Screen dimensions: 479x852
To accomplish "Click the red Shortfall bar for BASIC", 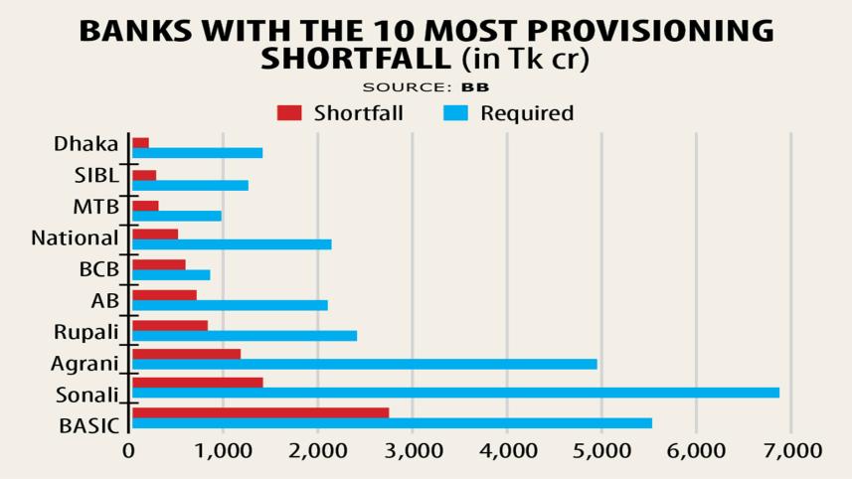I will [x=260, y=412].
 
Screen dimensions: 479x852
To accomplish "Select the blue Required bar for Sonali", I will [x=455, y=393].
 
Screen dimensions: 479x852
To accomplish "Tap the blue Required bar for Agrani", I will [x=364, y=364].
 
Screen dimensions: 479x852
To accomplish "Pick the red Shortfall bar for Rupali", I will [x=170, y=325].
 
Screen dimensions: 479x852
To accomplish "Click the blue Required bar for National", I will [x=232, y=244].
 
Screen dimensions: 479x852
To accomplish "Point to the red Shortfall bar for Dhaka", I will [x=140, y=143].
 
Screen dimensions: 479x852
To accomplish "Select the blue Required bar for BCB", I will [x=171, y=275].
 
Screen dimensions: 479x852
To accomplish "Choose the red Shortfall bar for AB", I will [x=164, y=295].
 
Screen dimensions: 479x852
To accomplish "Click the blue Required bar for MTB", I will [x=177, y=216].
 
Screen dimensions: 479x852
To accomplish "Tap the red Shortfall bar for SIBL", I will [x=144, y=175].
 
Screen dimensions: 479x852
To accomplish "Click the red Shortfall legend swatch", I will [x=289, y=113].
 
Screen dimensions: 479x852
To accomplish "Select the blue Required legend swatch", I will [x=455, y=113].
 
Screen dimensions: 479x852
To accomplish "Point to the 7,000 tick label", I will [x=791, y=450].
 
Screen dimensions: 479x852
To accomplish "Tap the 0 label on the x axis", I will [x=128, y=450].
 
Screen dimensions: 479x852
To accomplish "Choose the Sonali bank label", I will [x=85, y=395].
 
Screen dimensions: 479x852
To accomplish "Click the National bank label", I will [x=75, y=239].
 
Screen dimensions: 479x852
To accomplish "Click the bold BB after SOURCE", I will [x=475, y=87].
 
